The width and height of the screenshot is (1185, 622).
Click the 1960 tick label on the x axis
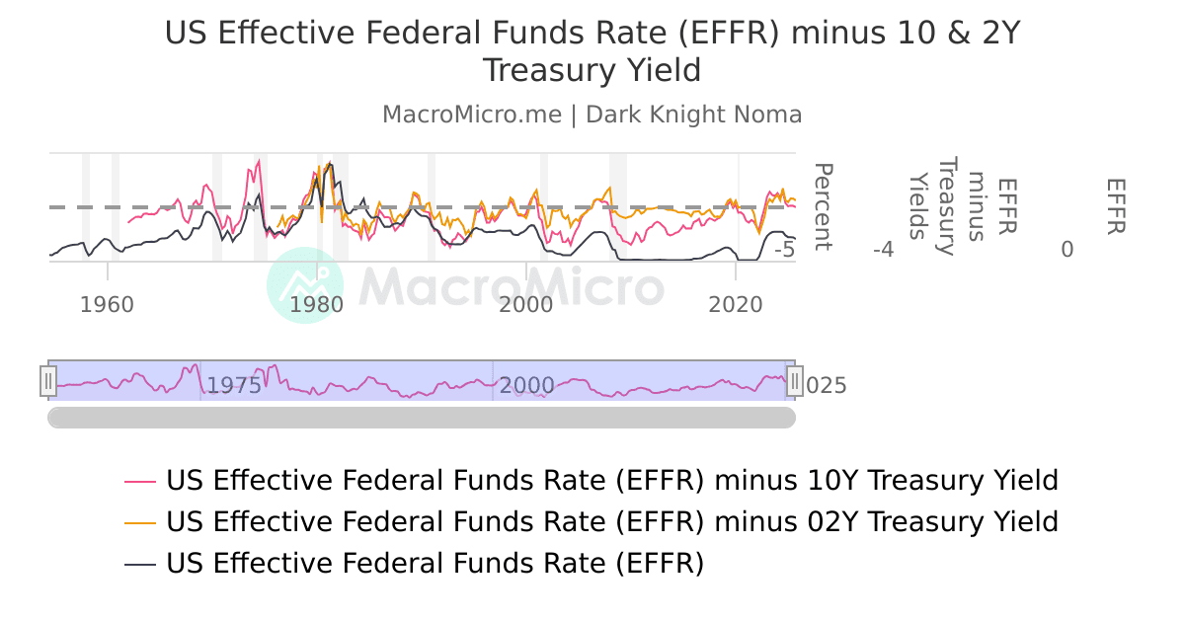107,304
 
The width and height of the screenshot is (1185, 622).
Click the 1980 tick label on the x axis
317,304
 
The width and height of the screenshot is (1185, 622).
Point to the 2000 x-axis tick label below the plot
526,304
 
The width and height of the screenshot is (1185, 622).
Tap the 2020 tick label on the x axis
736,304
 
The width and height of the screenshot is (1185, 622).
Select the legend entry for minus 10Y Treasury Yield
611,481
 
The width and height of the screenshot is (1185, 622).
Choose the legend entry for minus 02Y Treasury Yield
611,521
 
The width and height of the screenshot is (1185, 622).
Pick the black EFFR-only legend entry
434,563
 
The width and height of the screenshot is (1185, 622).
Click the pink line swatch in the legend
140,482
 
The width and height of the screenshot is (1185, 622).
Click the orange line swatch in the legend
140,522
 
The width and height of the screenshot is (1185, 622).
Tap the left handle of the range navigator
48,381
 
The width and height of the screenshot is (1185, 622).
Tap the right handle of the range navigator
794,381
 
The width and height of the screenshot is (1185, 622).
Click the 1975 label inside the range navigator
233,385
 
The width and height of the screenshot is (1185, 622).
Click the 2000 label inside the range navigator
526,385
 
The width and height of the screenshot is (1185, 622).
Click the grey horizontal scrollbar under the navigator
422,418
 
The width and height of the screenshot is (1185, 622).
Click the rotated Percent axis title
822,207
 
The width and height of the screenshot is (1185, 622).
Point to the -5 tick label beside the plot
784,250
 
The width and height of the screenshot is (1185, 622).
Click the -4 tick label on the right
883,250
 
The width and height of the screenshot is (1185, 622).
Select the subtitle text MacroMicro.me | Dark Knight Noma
592,115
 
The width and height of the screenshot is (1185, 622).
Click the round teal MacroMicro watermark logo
305,285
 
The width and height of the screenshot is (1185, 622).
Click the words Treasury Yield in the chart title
592,71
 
